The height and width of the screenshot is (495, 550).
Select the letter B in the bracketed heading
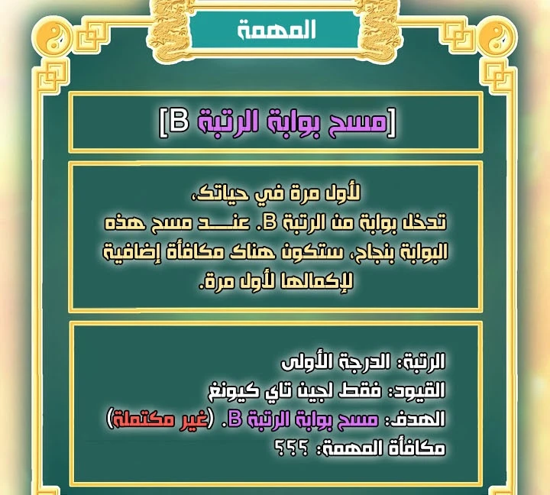[180, 121]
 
